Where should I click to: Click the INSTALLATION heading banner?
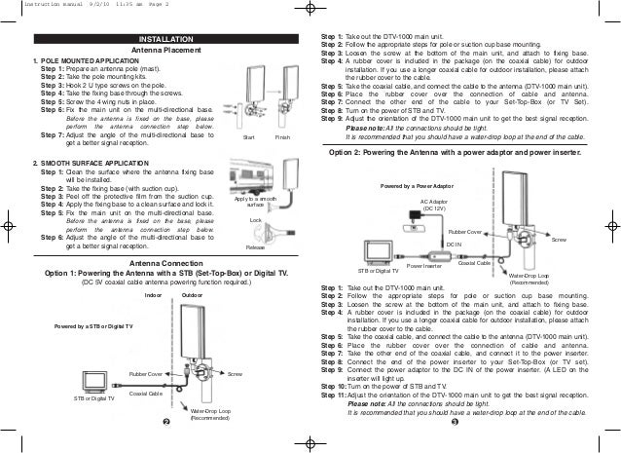click(x=162, y=39)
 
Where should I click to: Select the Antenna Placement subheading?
click(x=162, y=50)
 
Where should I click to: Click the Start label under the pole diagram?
click(x=249, y=139)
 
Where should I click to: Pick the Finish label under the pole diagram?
click(x=283, y=139)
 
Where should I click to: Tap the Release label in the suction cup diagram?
click(x=255, y=247)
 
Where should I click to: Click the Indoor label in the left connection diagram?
click(x=152, y=293)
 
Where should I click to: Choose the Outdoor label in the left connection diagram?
click(x=192, y=293)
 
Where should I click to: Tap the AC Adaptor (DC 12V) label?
click(x=433, y=204)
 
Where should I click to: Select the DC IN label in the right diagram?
click(x=454, y=244)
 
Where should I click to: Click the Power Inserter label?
click(x=423, y=265)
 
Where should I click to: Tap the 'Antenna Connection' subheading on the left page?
click(x=161, y=264)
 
